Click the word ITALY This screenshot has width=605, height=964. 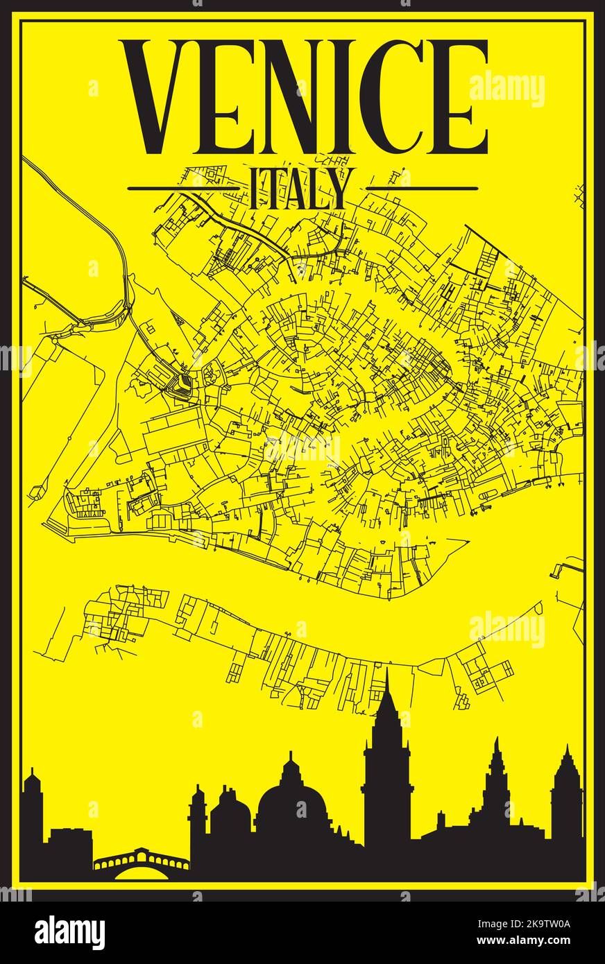(302, 189)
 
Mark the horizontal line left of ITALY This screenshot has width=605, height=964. (185, 188)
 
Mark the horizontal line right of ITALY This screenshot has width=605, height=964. (422, 188)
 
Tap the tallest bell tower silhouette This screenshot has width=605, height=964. (386, 763)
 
